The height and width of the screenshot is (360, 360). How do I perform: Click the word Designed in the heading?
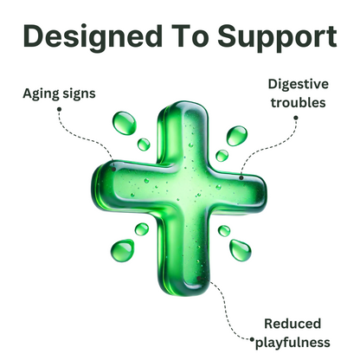pyautogui.click(x=93, y=38)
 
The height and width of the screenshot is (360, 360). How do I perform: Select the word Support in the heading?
pyautogui.click(x=277, y=38)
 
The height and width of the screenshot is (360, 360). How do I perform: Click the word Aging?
pyautogui.click(x=39, y=94)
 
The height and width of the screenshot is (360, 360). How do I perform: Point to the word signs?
pyautogui.click(x=76, y=94)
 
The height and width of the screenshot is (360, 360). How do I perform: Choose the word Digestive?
pyautogui.click(x=299, y=85)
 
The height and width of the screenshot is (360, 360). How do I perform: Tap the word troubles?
pyautogui.click(x=299, y=103)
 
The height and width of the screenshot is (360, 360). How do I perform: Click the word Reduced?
pyautogui.click(x=292, y=324)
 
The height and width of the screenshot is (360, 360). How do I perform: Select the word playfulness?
pyautogui.click(x=292, y=344)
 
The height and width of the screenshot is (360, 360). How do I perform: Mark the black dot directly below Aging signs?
pyautogui.click(x=60, y=109)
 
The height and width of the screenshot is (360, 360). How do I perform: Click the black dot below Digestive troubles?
pyautogui.click(x=296, y=118)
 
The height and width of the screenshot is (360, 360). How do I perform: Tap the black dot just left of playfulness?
pyautogui.click(x=252, y=339)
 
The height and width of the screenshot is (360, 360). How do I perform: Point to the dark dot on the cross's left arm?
pyautogui.click(x=114, y=169)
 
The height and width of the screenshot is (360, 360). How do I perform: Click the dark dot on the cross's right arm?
pyautogui.click(x=241, y=177)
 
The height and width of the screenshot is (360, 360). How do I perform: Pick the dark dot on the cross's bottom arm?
pyautogui.click(x=199, y=279)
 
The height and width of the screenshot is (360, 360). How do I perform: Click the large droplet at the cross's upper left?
pyautogui.click(x=124, y=123)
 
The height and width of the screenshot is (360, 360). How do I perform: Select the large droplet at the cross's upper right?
pyautogui.click(x=237, y=136)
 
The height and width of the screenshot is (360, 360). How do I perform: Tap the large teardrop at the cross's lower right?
pyautogui.click(x=240, y=250)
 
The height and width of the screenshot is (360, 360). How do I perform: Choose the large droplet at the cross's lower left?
pyautogui.click(x=122, y=250)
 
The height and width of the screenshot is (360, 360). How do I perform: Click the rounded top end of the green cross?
pyautogui.click(x=183, y=106)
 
